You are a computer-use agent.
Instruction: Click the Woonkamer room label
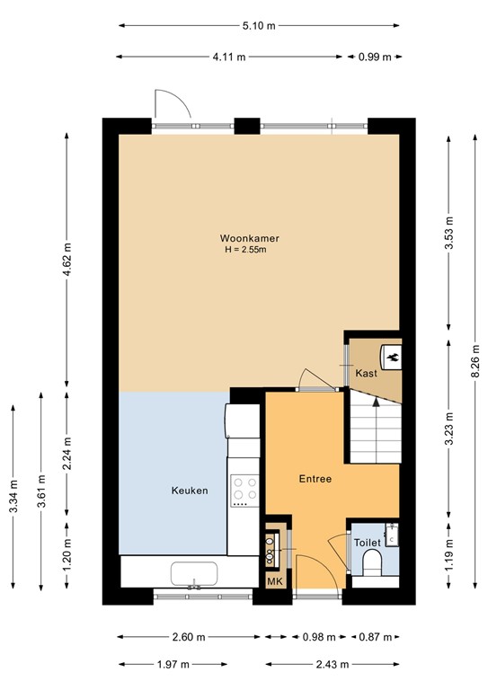(x=250, y=238)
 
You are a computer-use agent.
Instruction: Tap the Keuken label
(x=190, y=491)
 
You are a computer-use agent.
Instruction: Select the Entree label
(x=315, y=479)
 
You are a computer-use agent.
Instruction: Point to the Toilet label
(x=368, y=543)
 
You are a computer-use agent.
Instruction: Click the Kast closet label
(x=366, y=373)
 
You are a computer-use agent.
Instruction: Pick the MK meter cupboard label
(x=275, y=582)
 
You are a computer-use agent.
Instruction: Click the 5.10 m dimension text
(x=259, y=25)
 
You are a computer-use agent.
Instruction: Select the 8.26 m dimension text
(x=475, y=361)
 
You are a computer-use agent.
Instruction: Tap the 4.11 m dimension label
(x=229, y=57)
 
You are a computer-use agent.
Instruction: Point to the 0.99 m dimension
(x=375, y=57)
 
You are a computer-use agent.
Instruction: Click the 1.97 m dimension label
(x=173, y=665)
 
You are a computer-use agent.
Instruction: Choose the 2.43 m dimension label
(x=333, y=665)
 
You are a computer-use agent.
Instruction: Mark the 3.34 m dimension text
(x=13, y=497)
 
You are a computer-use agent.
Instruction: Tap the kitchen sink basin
(x=194, y=573)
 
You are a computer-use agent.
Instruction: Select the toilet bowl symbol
(x=372, y=563)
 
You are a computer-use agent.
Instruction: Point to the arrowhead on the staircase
(x=376, y=402)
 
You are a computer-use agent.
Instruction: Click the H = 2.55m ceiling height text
(x=245, y=250)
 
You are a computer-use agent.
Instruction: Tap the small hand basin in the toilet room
(x=392, y=535)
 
